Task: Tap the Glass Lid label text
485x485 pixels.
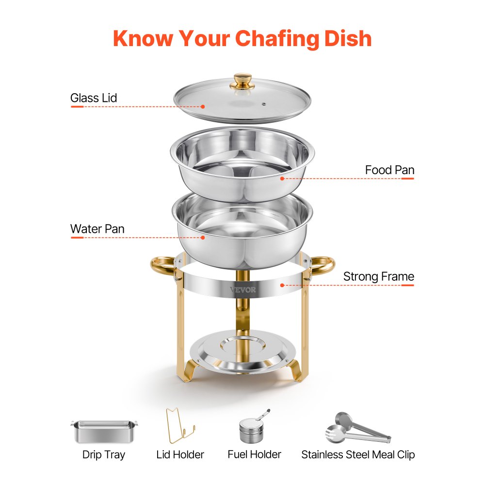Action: (x=94, y=98)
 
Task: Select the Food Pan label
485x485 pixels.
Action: (x=389, y=170)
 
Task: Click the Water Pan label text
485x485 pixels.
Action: (x=97, y=229)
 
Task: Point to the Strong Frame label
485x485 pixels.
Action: (x=378, y=277)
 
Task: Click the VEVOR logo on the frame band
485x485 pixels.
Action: (x=243, y=290)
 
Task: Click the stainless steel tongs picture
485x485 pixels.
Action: (x=356, y=428)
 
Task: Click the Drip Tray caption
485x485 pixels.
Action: (x=103, y=455)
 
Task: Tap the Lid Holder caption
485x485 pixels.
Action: (x=180, y=455)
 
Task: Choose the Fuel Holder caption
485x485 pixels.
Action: (x=254, y=454)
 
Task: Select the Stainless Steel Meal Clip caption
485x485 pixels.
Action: (x=358, y=455)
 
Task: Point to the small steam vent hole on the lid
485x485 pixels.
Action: (x=264, y=104)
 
